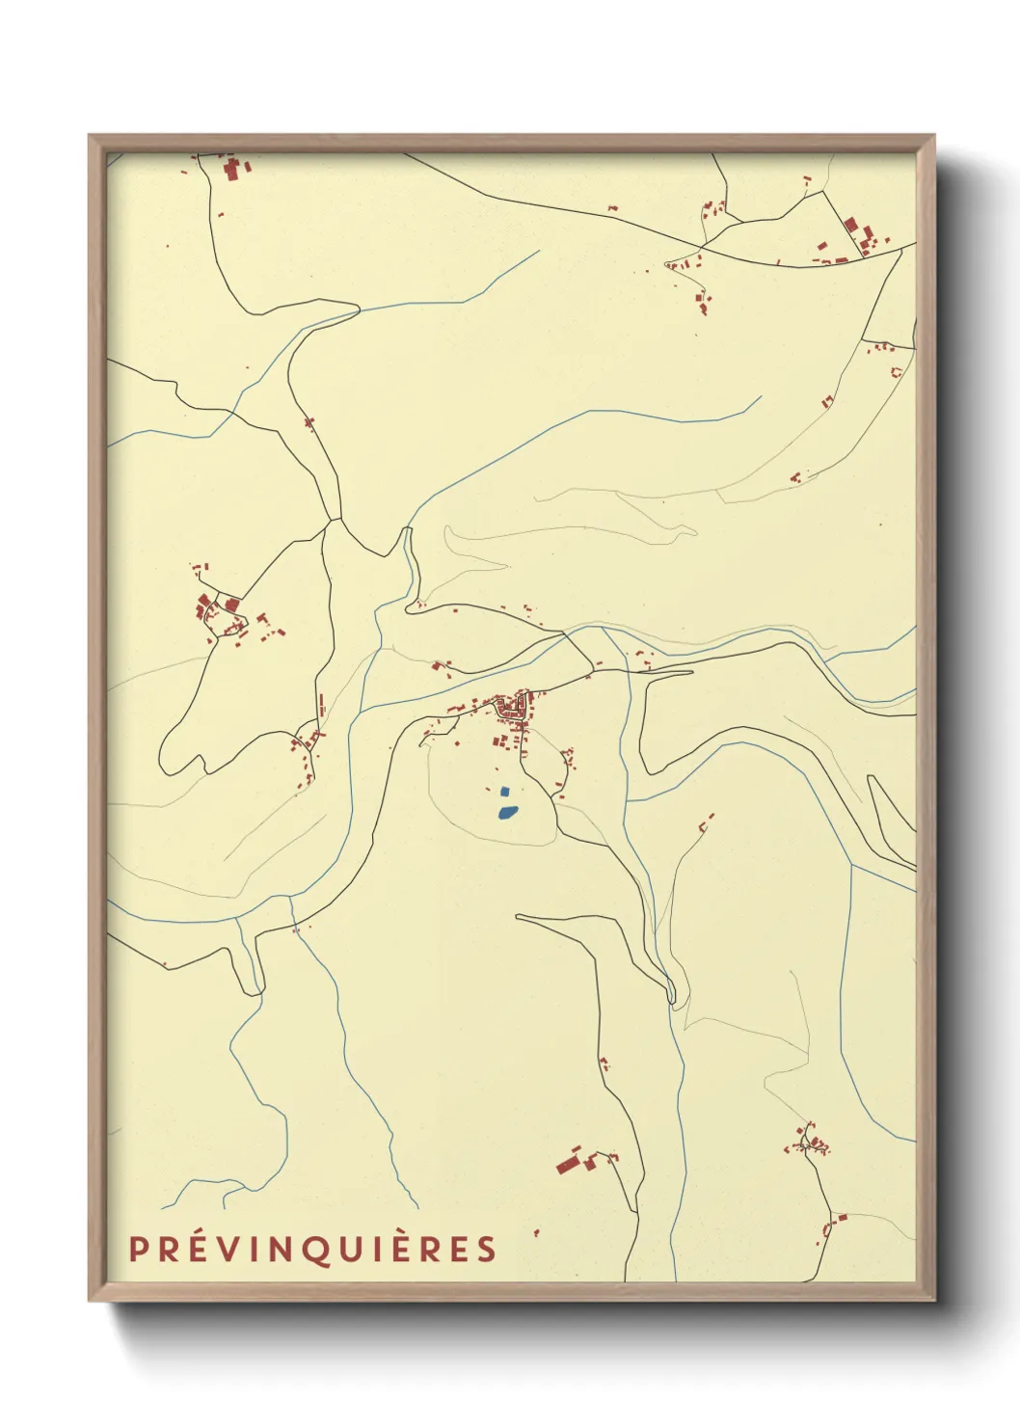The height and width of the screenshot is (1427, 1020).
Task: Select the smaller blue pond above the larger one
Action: coord(504,792)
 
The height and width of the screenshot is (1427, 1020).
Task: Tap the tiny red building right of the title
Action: coord(536,1232)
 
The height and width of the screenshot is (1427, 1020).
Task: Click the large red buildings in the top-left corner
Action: coord(232,171)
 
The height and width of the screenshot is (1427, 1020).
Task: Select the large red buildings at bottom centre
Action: coord(569,1163)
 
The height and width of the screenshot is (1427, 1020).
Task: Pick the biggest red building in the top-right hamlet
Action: coord(851,227)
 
